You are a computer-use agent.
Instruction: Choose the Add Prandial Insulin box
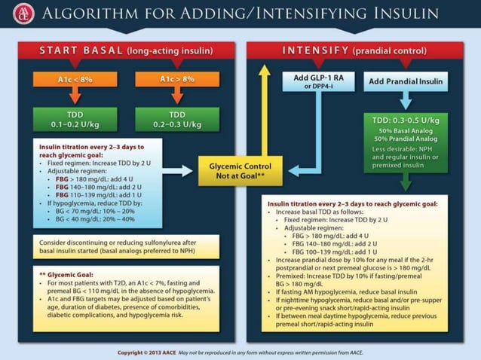pyautogui.click(x=406, y=81)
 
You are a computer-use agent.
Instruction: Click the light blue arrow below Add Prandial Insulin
pyautogui.click(x=406, y=99)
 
